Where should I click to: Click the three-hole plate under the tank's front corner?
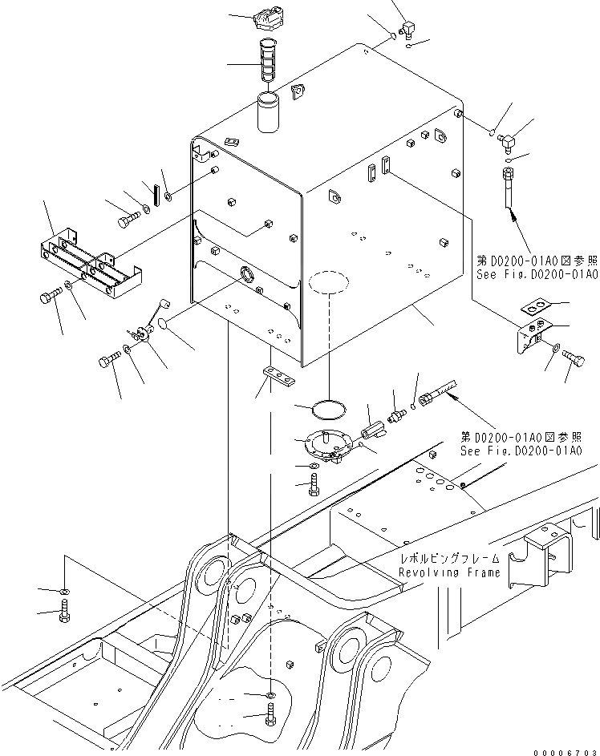click(x=278, y=373)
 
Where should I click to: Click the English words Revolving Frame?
click(x=449, y=572)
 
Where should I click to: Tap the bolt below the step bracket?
click(x=48, y=297)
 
